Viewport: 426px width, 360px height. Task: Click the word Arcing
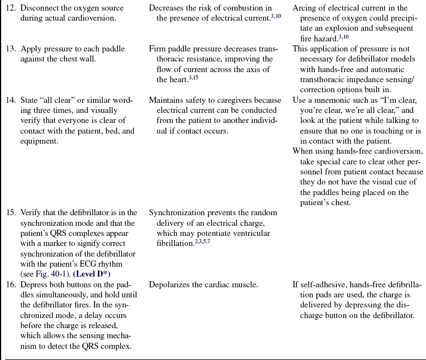[305, 8]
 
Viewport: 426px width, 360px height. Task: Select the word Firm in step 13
[158, 49]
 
